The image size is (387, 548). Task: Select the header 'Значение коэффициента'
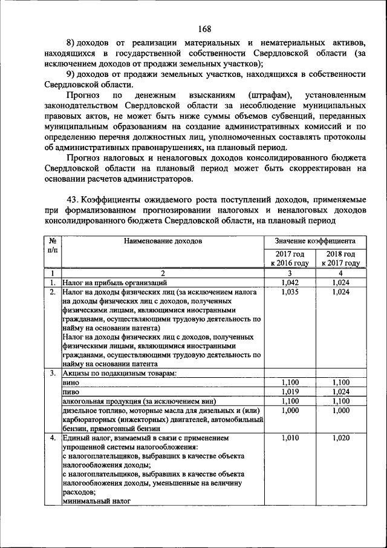pos(314,241)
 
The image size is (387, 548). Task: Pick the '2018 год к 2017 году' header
pos(340,258)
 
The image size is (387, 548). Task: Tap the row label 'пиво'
pos(71,392)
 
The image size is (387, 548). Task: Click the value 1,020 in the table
pos(340,437)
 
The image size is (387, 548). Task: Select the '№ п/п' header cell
pos(53,245)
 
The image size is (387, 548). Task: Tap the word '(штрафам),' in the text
pos(268,96)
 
